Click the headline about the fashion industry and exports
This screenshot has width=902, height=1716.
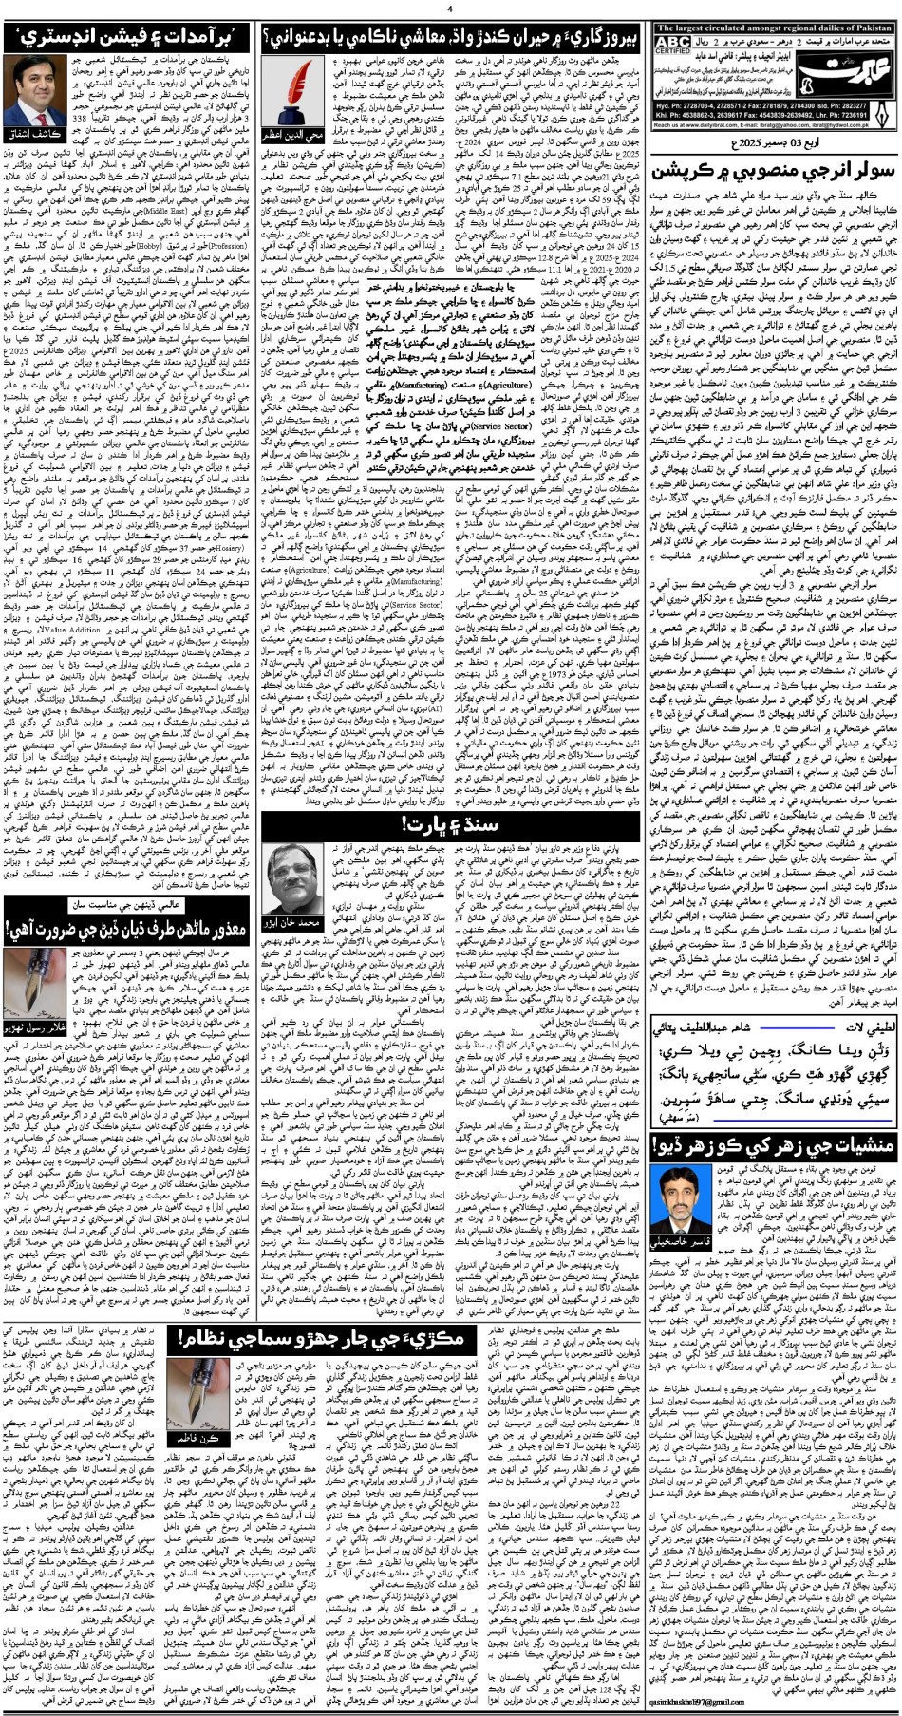(127, 39)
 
